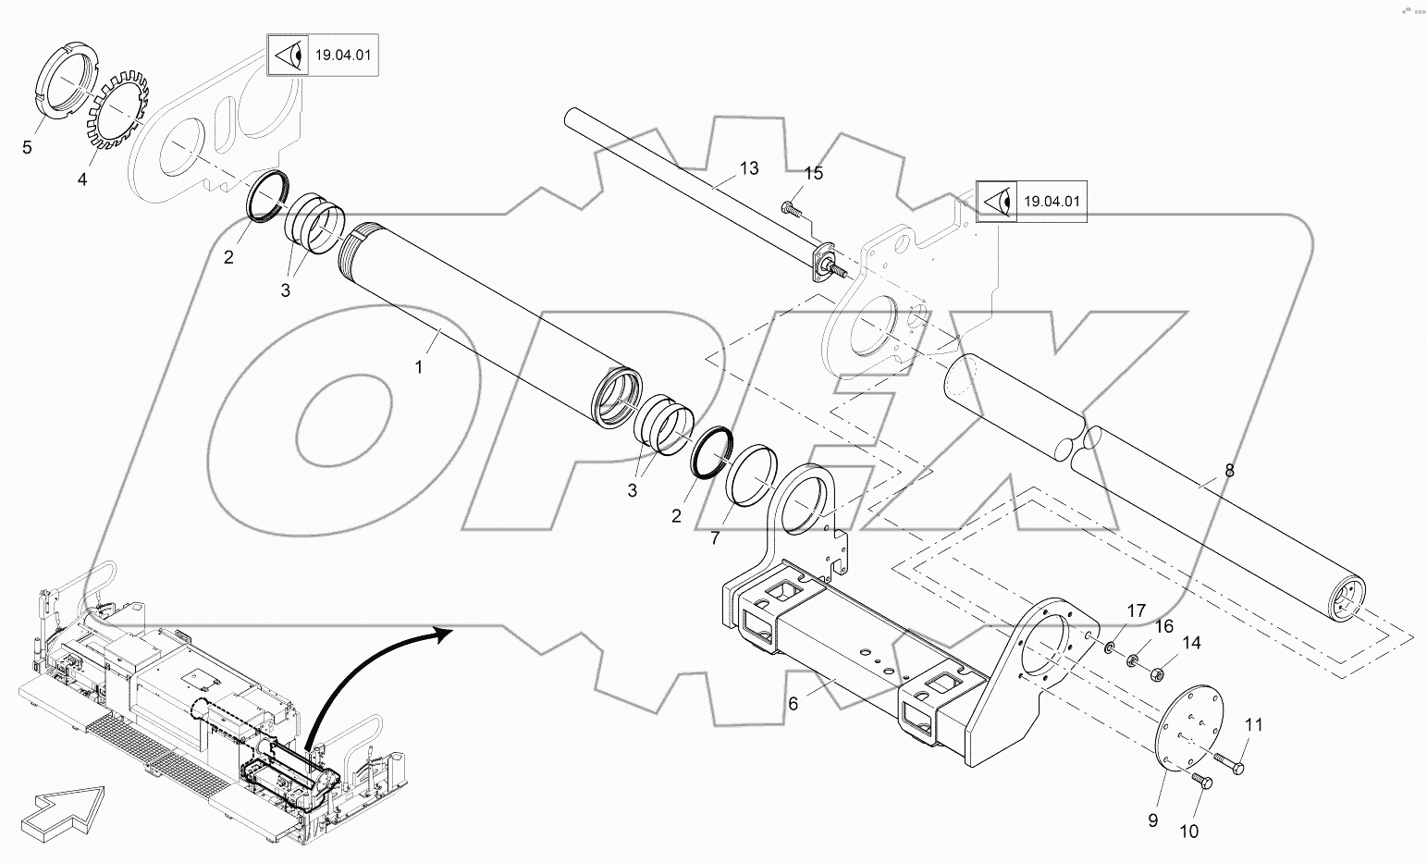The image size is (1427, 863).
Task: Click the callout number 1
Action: [x=418, y=367]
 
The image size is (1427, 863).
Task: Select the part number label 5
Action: [x=27, y=147]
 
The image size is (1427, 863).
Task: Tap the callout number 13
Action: [x=748, y=167]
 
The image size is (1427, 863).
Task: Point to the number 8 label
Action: [x=1229, y=470]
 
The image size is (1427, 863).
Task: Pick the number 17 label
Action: [x=1136, y=610]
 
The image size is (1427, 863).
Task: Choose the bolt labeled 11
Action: [x=1230, y=763]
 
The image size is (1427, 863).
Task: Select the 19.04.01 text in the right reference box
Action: [x=1052, y=201]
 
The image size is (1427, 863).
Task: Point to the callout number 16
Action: [x=1163, y=626]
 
